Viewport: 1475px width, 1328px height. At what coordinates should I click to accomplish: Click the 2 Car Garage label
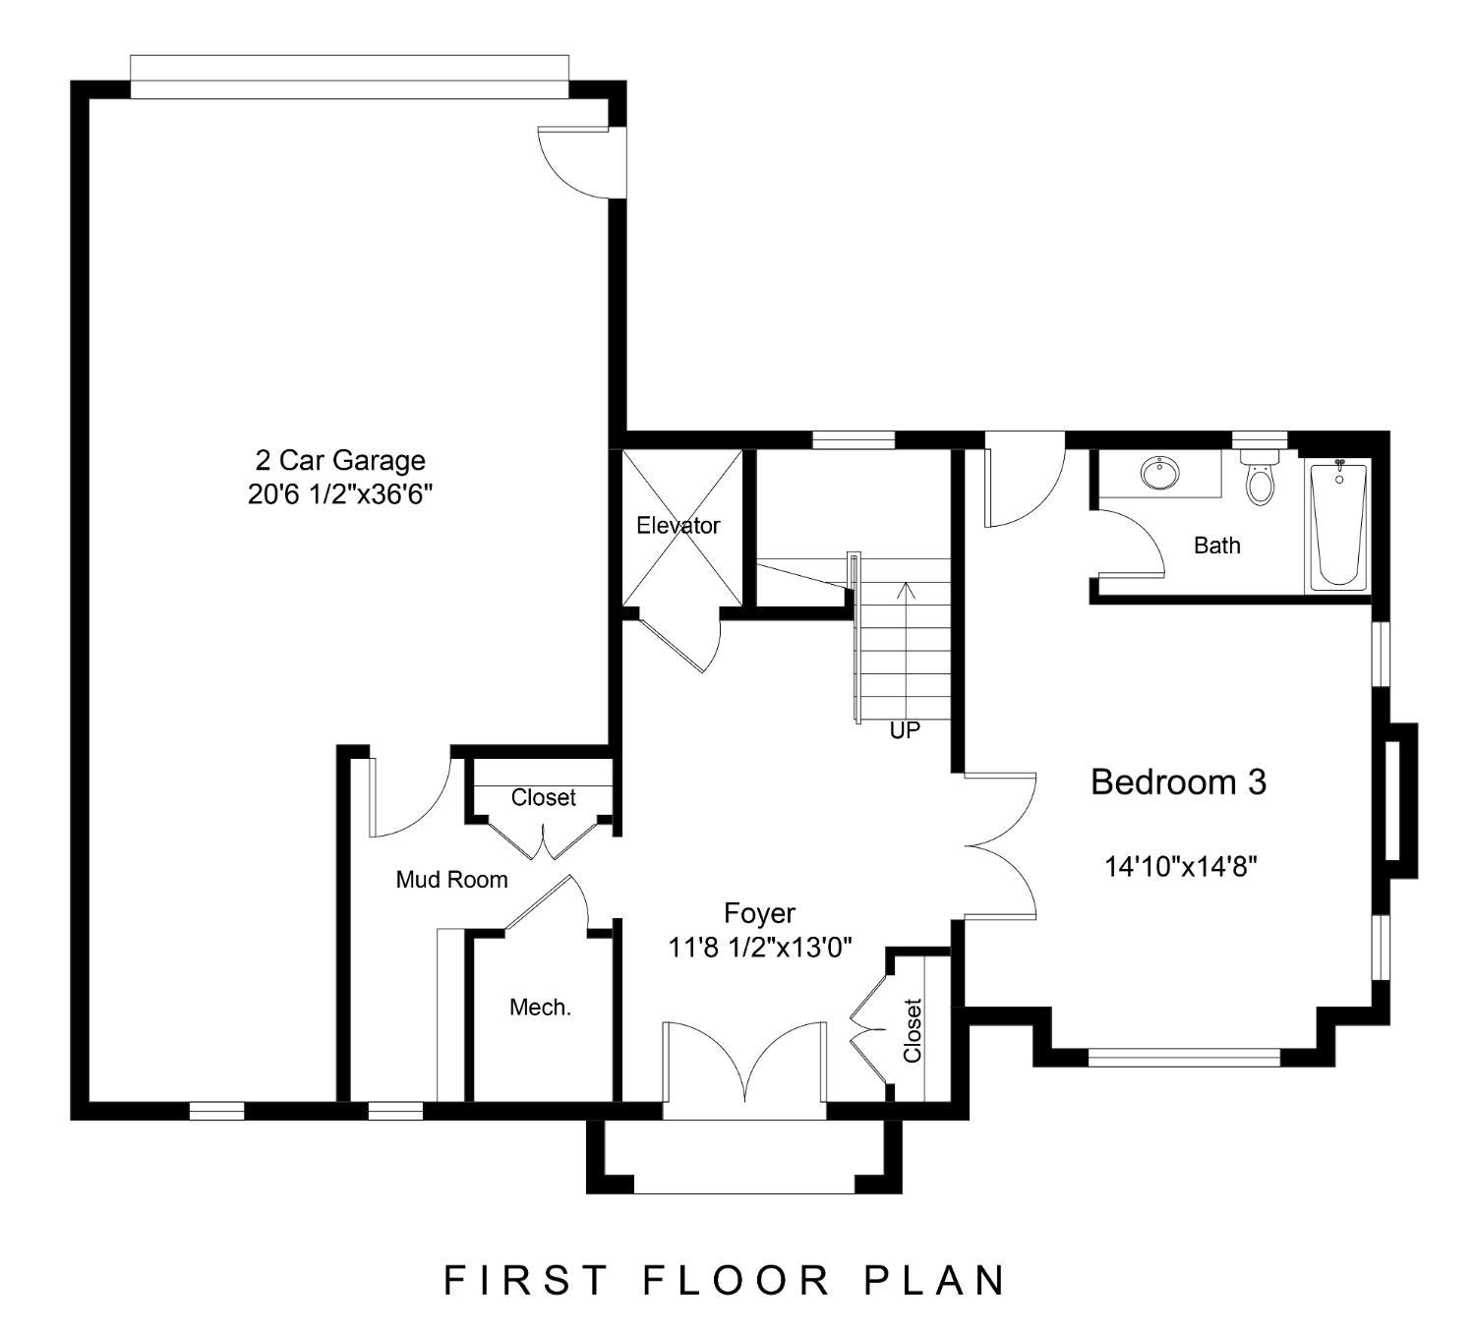click(x=339, y=461)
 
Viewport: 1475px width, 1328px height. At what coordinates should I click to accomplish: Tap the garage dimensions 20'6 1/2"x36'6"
click(x=339, y=494)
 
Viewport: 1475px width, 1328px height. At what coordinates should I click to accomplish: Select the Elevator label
click(x=678, y=526)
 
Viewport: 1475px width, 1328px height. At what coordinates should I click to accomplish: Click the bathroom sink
click(x=1159, y=473)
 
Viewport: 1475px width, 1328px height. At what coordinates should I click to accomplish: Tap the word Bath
click(x=1217, y=546)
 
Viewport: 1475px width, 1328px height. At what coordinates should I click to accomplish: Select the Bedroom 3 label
click(x=1179, y=782)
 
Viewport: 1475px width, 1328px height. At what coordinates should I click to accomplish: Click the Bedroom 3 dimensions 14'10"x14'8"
click(x=1180, y=867)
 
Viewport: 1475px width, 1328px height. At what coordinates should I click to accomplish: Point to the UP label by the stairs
click(x=905, y=731)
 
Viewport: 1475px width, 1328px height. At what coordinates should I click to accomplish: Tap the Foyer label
click(x=759, y=913)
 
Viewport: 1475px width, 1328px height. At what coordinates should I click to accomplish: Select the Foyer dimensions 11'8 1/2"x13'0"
click(x=759, y=948)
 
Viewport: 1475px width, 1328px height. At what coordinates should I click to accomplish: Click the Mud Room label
click(x=451, y=880)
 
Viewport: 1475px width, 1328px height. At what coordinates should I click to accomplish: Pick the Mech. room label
click(x=541, y=1008)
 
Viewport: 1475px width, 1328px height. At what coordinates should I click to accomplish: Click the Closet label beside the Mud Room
click(x=544, y=797)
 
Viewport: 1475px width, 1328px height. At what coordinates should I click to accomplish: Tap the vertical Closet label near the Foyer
click(x=913, y=1030)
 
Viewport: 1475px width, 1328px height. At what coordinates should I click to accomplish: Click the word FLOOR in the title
click(x=737, y=1280)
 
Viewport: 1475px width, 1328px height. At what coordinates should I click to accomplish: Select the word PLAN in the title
click(x=934, y=1280)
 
